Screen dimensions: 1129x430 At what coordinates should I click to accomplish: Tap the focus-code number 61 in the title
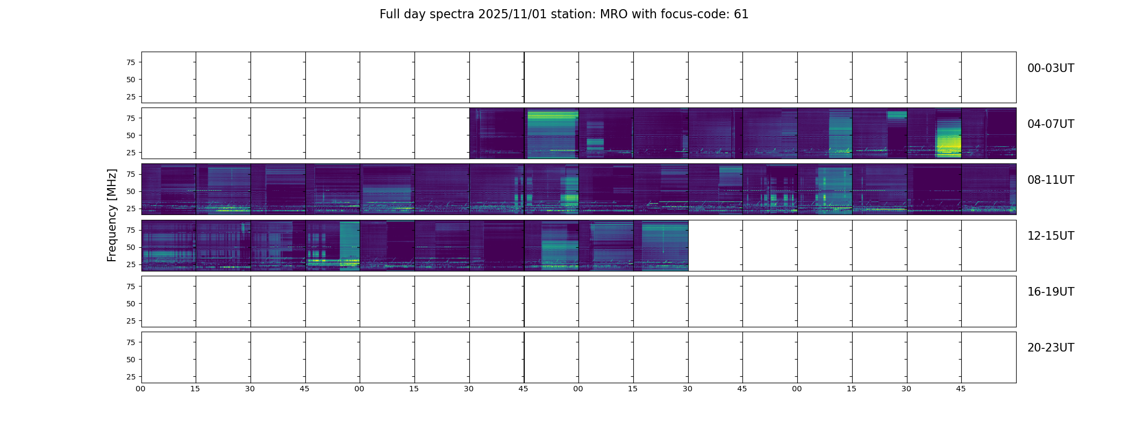coord(741,15)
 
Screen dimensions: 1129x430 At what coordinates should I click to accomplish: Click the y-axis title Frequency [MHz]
coord(112,216)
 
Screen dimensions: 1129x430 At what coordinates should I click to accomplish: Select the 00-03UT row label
coord(1051,68)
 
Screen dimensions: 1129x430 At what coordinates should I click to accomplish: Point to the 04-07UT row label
coord(1051,124)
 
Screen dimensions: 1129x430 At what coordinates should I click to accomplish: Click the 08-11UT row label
coord(1051,180)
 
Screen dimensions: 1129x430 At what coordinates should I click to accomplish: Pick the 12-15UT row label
coord(1051,236)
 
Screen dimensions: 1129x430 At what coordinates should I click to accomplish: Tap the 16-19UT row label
coord(1051,292)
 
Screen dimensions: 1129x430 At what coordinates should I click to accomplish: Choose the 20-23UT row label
coord(1051,348)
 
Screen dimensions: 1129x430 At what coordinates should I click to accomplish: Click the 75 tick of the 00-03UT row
coord(131,62)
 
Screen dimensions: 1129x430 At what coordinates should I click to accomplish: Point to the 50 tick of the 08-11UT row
coord(131,191)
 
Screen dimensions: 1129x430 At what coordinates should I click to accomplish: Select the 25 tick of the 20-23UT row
coord(131,377)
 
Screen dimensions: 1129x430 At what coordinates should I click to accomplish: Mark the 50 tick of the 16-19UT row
coord(131,304)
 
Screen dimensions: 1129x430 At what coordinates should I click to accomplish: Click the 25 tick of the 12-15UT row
coord(131,264)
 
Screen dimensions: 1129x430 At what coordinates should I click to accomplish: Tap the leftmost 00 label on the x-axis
coord(140,389)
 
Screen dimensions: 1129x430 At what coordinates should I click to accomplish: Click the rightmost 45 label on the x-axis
coord(961,389)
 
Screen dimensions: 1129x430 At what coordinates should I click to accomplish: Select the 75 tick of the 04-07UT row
coord(131,118)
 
